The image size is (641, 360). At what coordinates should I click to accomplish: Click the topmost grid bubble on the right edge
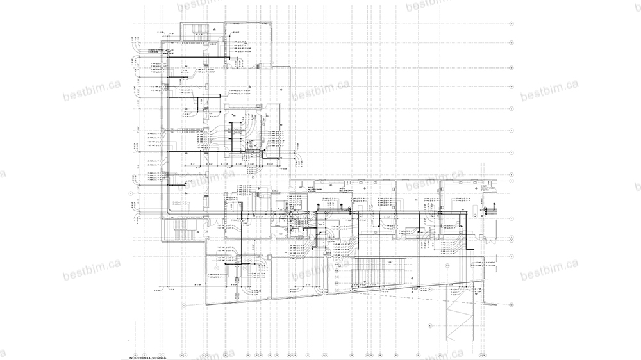point(511,23)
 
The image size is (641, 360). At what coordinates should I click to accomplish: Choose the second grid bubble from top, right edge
point(511,45)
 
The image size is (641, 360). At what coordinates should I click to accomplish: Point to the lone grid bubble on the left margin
point(131,192)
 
